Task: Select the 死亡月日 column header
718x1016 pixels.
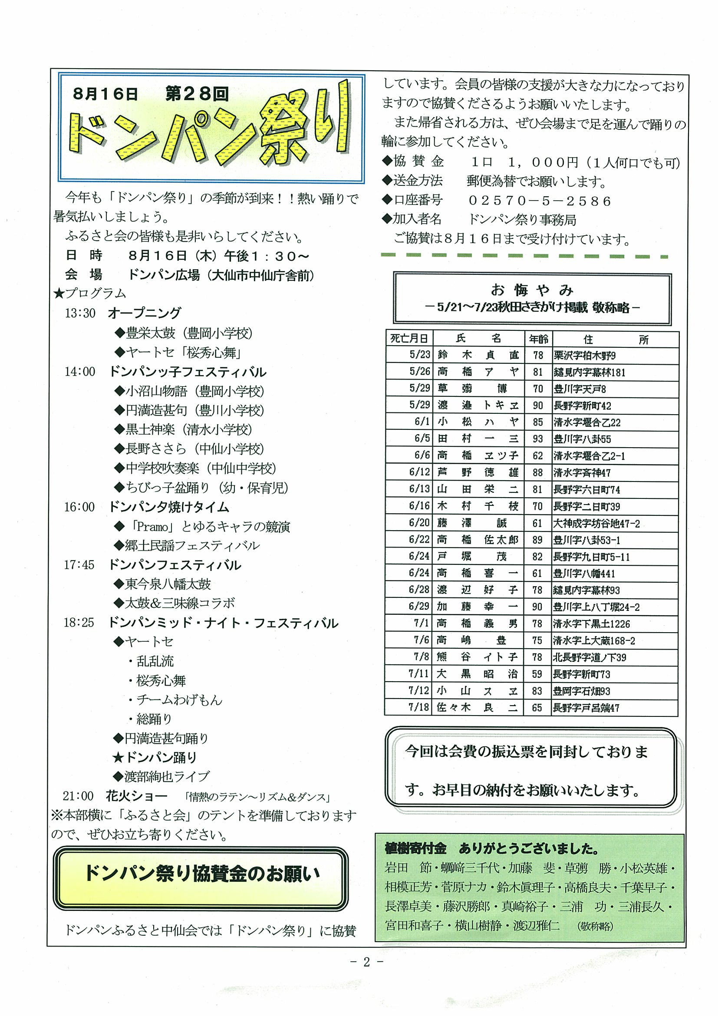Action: [409, 339]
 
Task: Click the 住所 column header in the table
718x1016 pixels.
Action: [615, 340]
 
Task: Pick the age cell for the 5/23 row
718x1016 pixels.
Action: [538, 355]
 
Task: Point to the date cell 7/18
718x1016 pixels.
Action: [418, 708]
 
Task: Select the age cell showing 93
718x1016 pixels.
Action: [538, 439]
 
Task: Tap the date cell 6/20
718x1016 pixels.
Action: [419, 523]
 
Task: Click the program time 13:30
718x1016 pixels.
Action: [80, 313]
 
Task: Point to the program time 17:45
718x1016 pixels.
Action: [79, 564]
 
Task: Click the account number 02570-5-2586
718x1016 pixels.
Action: [539, 201]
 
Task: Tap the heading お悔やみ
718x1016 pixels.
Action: [532, 290]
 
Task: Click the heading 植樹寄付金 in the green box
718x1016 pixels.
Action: [415, 848]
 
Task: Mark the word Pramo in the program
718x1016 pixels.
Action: [153, 527]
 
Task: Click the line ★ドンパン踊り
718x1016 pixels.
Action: [155, 758]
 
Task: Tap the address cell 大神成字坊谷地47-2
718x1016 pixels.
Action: [596, 524]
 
